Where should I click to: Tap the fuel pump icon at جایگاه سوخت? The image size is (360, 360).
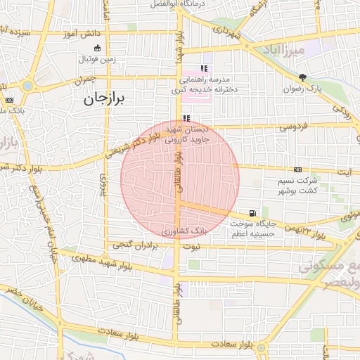(x=252, y=214)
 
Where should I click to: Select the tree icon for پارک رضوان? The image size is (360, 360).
(x=302, y=77)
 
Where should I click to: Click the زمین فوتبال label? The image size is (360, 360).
(x=97, y=59)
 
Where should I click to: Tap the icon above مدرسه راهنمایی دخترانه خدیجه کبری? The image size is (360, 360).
(x=204, y=68)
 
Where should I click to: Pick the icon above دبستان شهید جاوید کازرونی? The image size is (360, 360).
(x=186, y=119)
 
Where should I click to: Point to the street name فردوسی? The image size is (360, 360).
(x=293, y=127)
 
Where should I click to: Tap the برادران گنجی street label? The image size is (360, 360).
(x=134, y=245)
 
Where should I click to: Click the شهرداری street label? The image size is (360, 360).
(x=228, y=33)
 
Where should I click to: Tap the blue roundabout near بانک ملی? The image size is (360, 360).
(x=27, y=86)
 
